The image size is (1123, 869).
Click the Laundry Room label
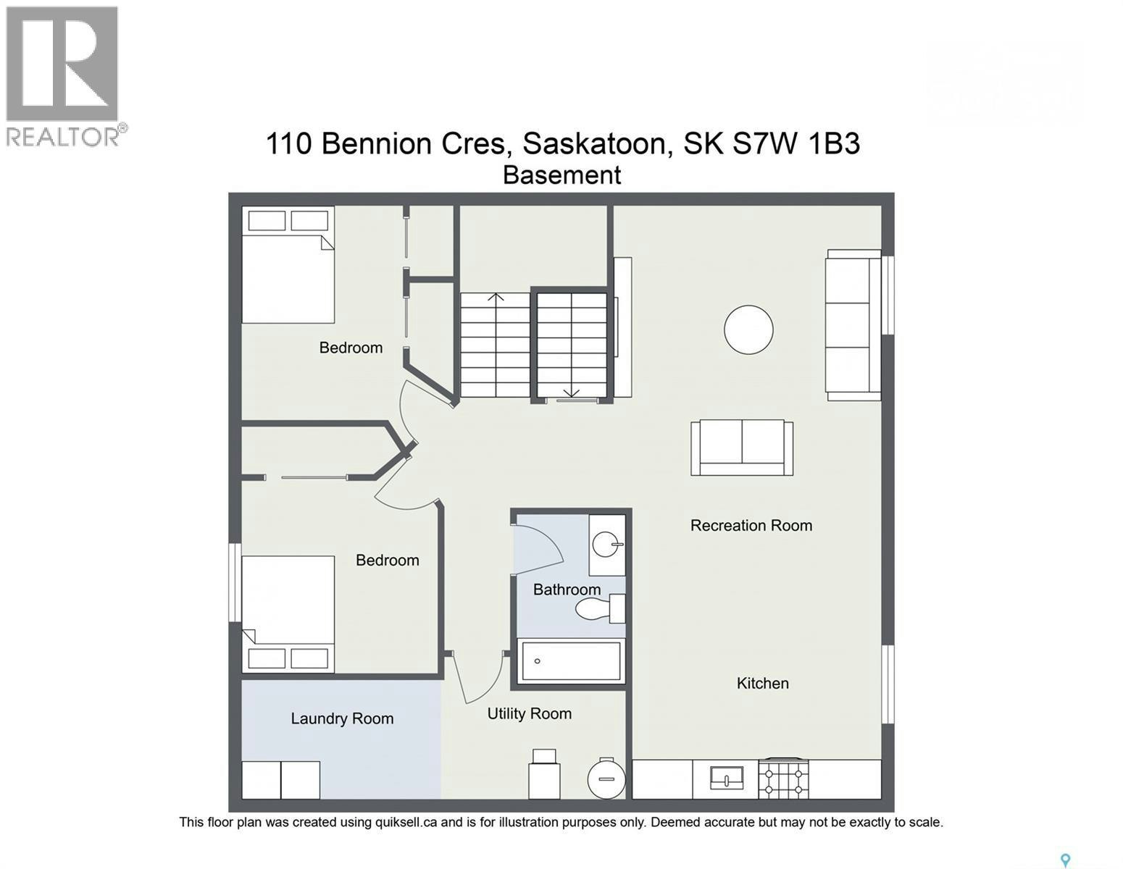pos(342,718)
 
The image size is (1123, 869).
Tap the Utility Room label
pos(529,713)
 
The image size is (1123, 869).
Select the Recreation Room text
pos(751,525)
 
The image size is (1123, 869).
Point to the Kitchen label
pos(762,683)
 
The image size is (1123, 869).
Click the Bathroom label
pos(567,589)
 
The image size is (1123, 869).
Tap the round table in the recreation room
pos(748,329)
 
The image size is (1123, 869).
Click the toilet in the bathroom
pos(599,609)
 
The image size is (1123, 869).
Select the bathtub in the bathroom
pos(571,661)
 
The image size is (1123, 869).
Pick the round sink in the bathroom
pos(607,545)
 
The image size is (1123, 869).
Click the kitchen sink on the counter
pos(727,778)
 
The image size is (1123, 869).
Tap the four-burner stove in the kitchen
pos(783,778)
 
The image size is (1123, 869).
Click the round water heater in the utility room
pos(606,778)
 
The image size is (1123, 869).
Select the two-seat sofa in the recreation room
pos(742,447)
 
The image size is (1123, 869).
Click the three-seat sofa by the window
pos(853,325)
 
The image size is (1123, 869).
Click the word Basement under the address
pos(561,175)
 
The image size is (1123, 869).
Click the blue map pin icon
pos(1064,845)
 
